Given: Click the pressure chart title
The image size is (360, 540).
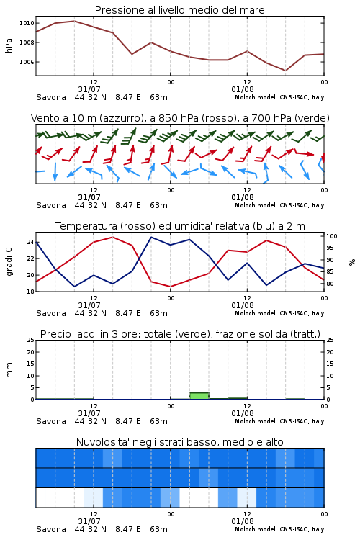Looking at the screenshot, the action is (179, 10).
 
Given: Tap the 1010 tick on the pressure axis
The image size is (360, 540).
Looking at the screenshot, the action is (27, 23).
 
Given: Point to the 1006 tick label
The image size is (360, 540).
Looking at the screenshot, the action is (27, 62).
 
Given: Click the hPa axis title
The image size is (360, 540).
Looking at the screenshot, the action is (9, 45).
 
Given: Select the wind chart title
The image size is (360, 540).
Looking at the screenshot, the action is (180, 118).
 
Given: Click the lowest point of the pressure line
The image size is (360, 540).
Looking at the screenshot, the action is (285, 71).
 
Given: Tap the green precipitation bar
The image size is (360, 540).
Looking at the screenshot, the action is (199, 396).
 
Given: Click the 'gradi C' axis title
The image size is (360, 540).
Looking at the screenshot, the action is (9, 261).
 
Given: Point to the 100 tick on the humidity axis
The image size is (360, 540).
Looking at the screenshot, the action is (331, 236).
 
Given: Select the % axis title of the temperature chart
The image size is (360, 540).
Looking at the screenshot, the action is (352, 262).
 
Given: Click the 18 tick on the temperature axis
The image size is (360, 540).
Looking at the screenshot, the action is (31, 292).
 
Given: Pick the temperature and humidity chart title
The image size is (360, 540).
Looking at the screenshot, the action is (180, 226).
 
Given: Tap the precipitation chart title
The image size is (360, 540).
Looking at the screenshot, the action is (180, 334).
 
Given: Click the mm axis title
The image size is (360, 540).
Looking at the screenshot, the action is (9, 370).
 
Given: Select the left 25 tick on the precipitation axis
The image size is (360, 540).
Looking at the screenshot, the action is (31, 340).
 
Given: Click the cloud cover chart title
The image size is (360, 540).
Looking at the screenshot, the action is (179, 442).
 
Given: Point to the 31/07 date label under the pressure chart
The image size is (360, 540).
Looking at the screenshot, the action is (89, 89).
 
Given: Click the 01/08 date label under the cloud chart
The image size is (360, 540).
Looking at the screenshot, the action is (243, 521).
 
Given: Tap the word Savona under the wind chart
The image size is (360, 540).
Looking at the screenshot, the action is (51, 205).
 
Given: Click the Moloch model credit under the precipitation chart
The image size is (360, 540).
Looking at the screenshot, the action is (279, 421).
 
